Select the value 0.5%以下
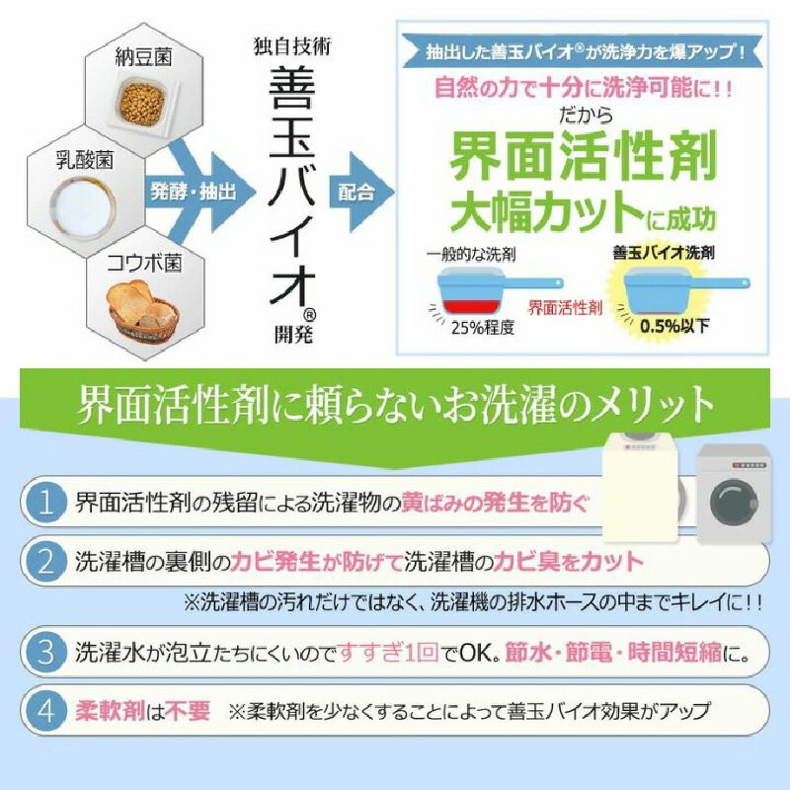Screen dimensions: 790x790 [671, 326]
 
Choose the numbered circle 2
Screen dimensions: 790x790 [44, 563]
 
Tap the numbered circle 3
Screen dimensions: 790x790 [44, 654]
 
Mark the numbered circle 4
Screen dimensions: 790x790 [44, 710]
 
